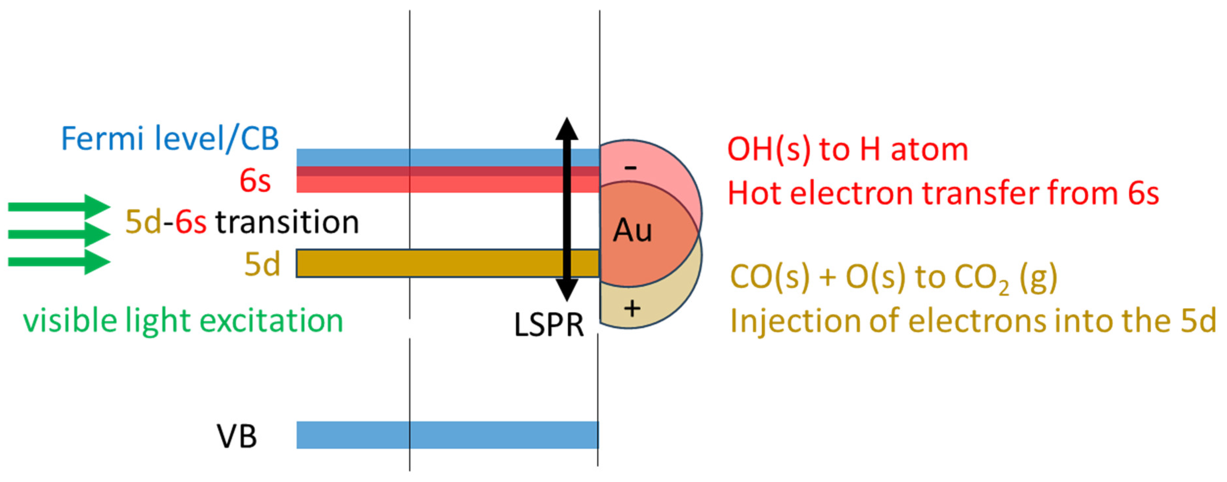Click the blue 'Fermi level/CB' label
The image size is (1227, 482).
click(170, 139)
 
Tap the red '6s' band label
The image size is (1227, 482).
click(255, 181)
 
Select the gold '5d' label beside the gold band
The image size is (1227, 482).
click(261, 265)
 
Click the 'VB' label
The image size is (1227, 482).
click(237, 436)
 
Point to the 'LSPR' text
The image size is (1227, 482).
click(549, 325)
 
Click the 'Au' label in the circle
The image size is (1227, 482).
click(632, 231)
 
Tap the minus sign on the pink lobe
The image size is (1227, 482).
click(630, 167)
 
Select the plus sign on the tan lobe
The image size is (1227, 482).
click(632, 309)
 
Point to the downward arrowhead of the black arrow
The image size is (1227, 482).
click(567, 290)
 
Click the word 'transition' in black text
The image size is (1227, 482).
click(287, 223)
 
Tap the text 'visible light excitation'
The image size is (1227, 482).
click(183, 321)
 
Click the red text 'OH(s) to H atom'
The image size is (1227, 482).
click(848, 149)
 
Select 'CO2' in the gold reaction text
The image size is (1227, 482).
click(982, 278)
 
